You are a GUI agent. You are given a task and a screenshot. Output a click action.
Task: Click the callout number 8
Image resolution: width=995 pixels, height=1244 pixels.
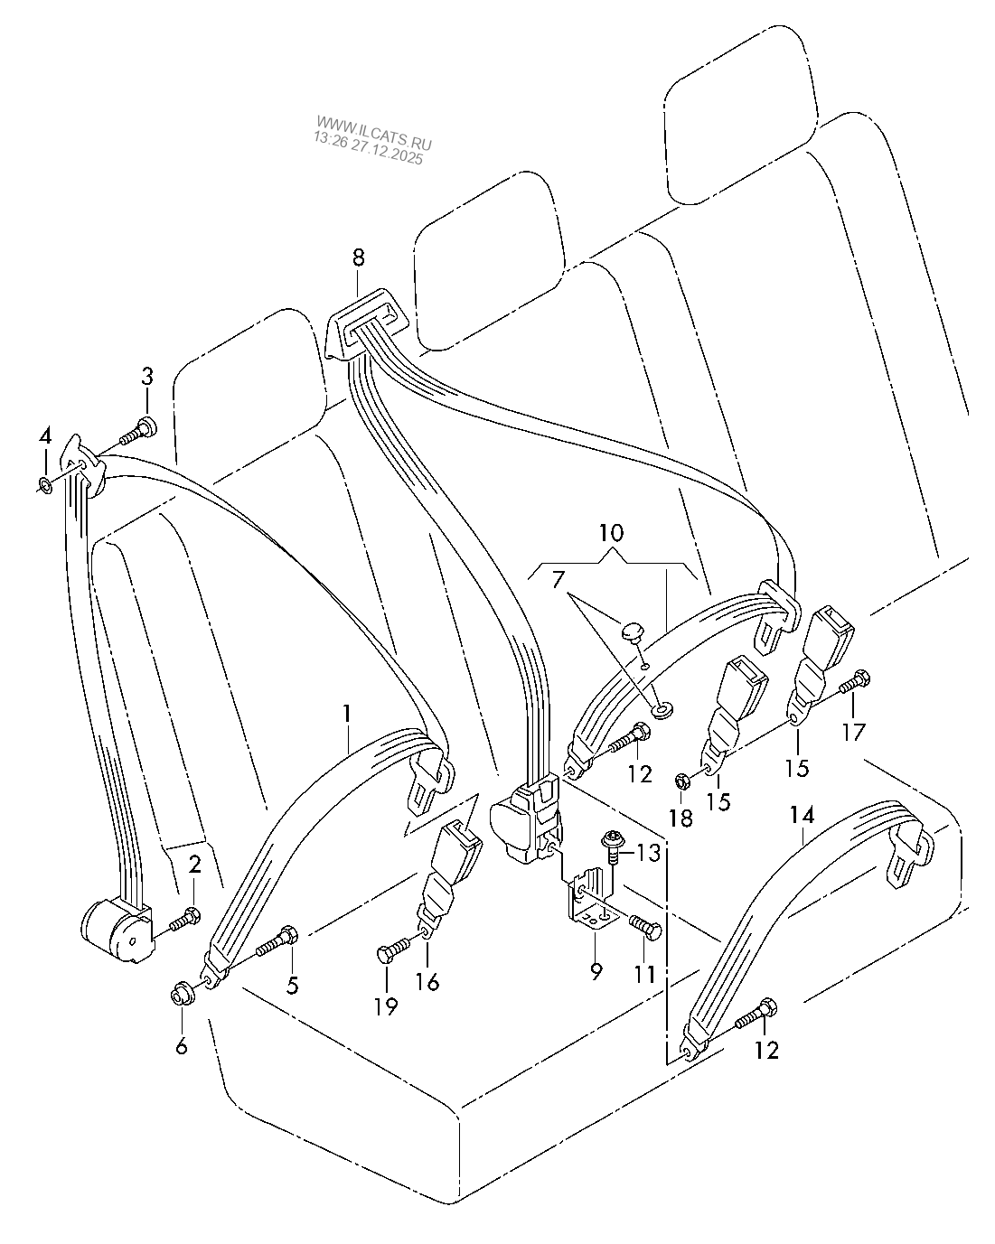(x=358, y=257)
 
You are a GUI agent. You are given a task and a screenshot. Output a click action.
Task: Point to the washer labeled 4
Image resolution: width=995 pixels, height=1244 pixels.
(x=43, y=487)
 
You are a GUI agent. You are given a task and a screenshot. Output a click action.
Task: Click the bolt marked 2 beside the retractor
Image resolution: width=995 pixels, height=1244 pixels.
(x=184, y=920)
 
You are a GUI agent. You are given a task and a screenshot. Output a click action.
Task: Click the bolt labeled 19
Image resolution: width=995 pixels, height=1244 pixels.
(x=390, y=951)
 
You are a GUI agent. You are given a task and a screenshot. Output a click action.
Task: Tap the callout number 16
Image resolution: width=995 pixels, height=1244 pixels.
(x=427, y=982)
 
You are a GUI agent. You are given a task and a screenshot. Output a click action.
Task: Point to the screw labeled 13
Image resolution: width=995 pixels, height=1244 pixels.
(x=610, y=846)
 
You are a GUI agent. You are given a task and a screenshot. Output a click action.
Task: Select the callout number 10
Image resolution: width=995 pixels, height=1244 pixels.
(x=612, y=532)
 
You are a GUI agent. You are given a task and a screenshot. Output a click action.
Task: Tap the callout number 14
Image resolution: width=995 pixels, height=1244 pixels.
(x=802, y=816)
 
